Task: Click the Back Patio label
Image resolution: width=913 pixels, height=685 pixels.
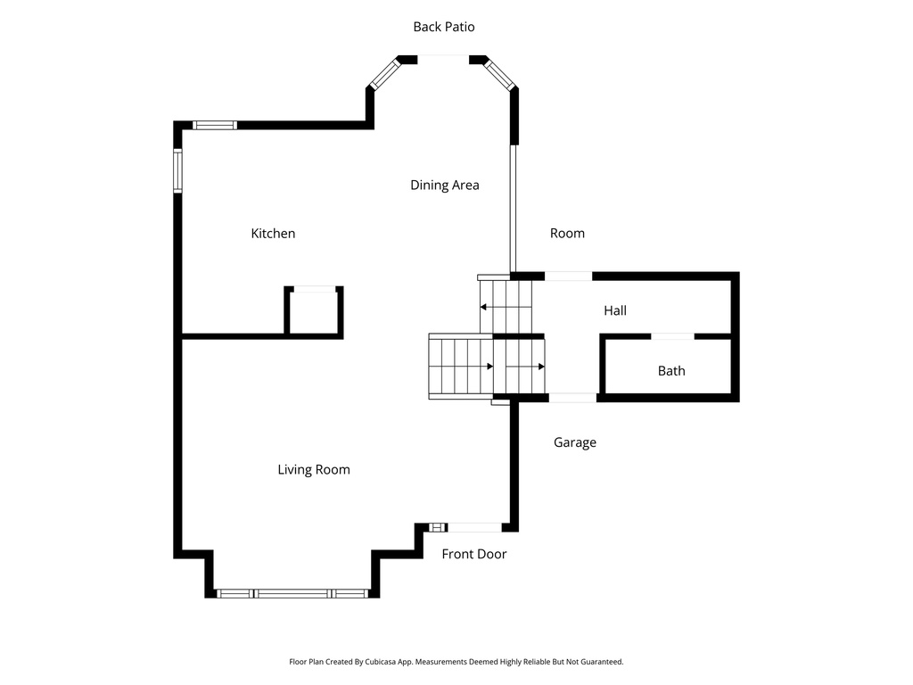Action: point(443,27)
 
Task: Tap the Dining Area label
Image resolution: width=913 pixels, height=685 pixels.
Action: point(444,186)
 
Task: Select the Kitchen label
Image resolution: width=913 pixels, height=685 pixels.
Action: point(273,234)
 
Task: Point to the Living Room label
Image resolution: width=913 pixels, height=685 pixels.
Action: point(313,470)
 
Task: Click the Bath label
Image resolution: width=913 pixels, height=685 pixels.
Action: point(671,371)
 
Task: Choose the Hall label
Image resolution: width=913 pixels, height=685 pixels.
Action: point(614,310)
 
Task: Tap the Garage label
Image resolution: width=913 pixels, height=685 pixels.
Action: point(574,442)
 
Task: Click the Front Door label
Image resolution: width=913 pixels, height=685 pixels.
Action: point(473,554)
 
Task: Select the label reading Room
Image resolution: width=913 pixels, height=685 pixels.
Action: point(567,234)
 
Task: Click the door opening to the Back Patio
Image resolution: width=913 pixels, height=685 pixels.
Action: point(443,59)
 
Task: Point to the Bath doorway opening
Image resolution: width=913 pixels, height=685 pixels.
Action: point(672,336)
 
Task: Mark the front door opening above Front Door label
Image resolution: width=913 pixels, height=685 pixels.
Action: point(473,527)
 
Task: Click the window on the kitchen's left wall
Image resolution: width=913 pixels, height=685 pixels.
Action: point(177,170)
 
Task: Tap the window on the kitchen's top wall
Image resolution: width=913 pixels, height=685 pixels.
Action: point(215,125)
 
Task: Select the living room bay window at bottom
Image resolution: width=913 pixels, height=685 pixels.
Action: point(292,593)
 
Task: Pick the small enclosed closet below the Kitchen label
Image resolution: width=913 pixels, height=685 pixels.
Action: point(314,312)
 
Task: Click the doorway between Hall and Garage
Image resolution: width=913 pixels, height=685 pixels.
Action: point(572,397)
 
